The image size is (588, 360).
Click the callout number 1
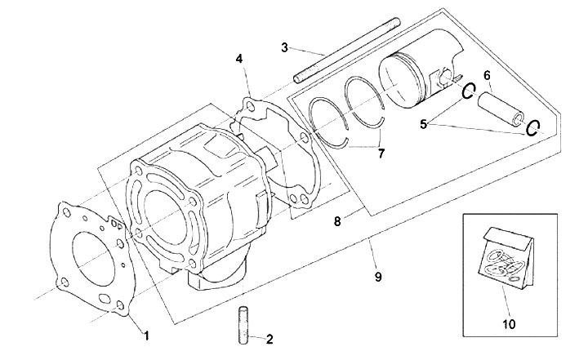click(x=147, y=336)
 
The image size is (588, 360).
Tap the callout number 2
click(x=269, y=339)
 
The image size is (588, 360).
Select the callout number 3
click(x=285, y=47)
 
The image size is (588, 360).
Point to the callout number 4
click(x=239, y=59)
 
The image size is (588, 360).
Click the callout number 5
click(x=423, y=124)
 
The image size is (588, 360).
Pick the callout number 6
click(x=487, y=75)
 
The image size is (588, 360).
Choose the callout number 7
click(x=381, y=153)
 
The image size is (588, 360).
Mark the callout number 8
click(x=337, y=221)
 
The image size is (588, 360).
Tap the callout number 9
click(x=378, y=277)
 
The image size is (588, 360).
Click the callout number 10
click(x=509, y=323)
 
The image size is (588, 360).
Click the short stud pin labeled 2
click(x=243, y=325)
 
